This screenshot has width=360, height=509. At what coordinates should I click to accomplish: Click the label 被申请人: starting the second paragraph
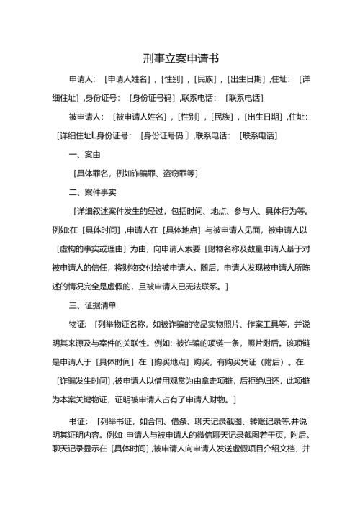click(86, 116)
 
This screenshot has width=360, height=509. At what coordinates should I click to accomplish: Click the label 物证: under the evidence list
click(77, 324)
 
